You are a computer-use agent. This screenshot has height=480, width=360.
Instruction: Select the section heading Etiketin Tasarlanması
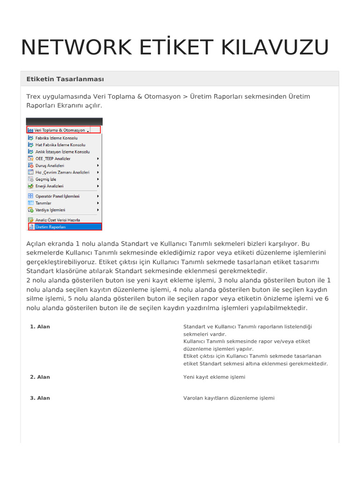(65, 79)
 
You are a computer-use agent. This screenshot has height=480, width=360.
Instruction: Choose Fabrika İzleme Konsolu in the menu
(56, 138)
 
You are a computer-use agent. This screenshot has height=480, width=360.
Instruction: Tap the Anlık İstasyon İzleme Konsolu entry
(62, 152)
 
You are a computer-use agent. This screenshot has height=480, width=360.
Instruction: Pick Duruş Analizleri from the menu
(50, 165)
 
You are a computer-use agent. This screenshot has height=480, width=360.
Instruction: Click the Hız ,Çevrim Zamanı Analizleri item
(62, 172)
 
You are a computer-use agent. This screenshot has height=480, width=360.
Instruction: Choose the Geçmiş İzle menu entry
(46, 179)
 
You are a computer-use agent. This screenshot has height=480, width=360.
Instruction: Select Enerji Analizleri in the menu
(49, 186)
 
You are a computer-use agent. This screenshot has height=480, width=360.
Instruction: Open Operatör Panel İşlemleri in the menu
(57, 196)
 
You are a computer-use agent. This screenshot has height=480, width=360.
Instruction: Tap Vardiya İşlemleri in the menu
(50, 210)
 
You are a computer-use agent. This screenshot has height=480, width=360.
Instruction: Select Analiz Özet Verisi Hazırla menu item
(58, 220)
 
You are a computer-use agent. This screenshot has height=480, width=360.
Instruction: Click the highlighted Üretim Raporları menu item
(51, 227)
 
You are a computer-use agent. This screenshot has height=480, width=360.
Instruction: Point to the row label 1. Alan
(40, 327)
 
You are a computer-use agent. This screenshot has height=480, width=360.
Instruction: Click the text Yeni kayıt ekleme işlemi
(214, 377)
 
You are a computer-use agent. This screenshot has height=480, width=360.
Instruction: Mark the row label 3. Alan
(40, 398)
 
